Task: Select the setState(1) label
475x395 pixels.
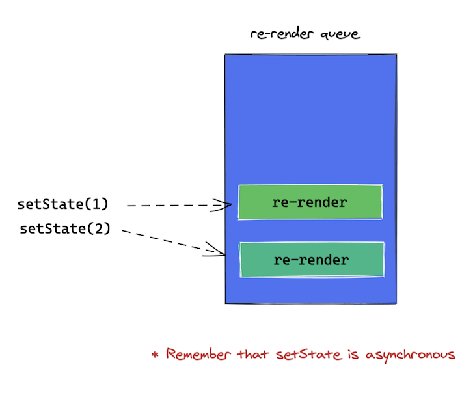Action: pos(62,204)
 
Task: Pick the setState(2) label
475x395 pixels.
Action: pos(65,228)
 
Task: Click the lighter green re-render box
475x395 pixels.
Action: pos(310,202)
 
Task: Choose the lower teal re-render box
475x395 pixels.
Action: pos(312,260)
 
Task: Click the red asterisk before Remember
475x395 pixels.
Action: pos(155,355)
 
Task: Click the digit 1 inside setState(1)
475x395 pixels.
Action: pos(96,204)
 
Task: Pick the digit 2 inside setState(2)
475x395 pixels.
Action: pos(99,228)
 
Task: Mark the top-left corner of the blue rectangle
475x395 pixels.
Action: pos(225,55)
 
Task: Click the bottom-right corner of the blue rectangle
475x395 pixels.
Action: pos(396,303)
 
